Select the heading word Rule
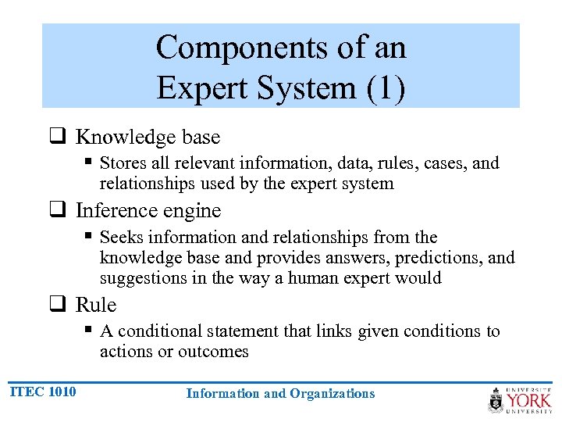(96, 305)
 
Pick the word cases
(446, 163)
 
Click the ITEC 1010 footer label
(44, 392)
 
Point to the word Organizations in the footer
(332, 393)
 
